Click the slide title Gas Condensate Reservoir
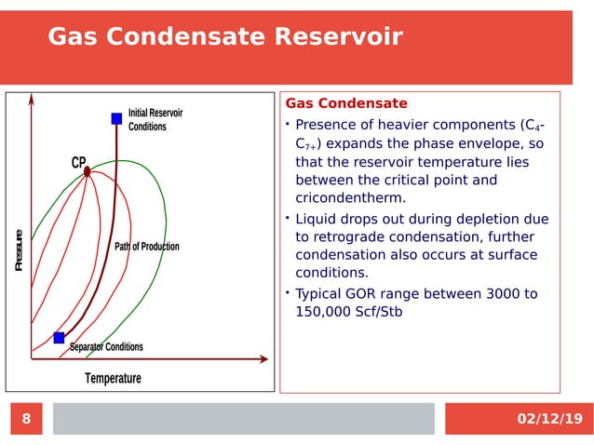point(224,36)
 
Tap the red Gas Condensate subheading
point(345,103)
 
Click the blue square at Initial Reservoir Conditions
point(116,118)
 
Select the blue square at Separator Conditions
point(59,337)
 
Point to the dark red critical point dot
point(87,171)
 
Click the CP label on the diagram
point(78,162)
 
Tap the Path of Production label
point(146,247)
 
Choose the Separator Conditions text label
point(106,347)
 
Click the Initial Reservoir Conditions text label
point(155,119)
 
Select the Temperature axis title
point(113,378)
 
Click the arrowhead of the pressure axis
point(31,98)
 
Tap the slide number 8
point(26,419)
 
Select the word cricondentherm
point(350,198)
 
